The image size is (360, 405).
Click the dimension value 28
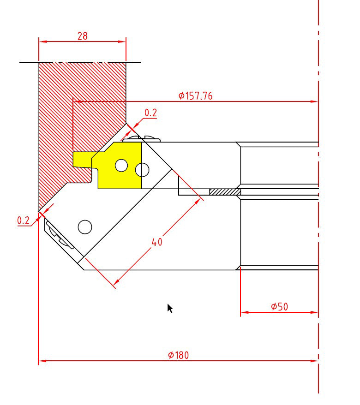[83, 36]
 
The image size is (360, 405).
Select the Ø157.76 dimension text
[196, 96]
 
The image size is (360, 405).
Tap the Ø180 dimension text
[178, 355]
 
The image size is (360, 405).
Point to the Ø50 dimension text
[279, 307]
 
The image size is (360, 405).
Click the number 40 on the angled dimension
[157, 242]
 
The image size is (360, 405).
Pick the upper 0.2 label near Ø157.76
[150, 113]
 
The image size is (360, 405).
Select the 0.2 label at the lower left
[23, 220]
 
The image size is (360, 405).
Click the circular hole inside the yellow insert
[121, 165]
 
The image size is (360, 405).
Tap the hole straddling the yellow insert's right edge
[142, 170]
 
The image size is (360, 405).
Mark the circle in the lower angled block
[85, 227]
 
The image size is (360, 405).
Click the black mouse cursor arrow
[170, 309]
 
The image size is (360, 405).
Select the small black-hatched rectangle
[225, 192]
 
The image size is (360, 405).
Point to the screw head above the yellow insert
[141, 139]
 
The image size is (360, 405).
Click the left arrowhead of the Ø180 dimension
[42, 361]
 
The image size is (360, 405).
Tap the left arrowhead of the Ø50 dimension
[245, 312]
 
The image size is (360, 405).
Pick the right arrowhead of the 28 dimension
[122, 42]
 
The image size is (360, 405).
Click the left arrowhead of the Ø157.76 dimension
[77, 101]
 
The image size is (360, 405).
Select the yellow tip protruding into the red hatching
[83, 159]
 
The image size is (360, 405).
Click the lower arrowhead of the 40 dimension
[116, 282]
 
